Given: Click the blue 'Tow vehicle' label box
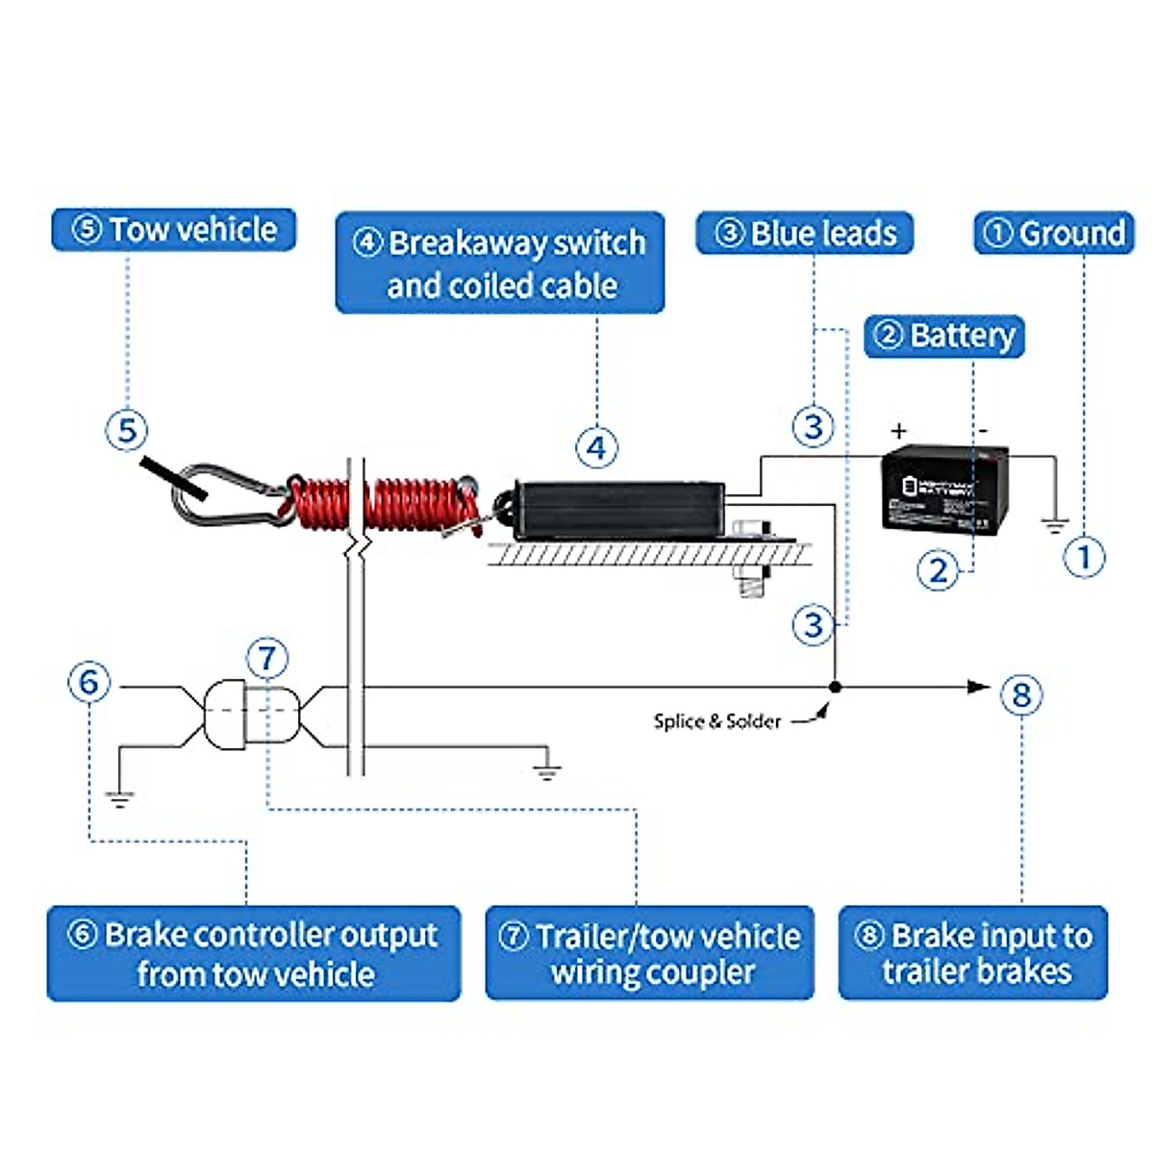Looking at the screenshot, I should click(173, 231).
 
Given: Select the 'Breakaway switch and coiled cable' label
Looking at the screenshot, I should click(500, 263).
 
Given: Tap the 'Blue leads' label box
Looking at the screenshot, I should click(804, 234).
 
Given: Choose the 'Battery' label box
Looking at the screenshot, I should click(944, 337).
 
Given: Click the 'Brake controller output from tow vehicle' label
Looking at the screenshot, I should click(254, 954).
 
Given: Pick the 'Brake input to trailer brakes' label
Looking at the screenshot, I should click(973, 953).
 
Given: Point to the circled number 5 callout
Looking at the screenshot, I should click(127, 430).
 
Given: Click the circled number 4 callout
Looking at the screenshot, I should click(596, 447).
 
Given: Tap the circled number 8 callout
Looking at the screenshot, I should click(1021, 694).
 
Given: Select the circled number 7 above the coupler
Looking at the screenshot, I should click(267, 659).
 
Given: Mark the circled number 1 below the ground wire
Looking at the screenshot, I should click(1084, 557).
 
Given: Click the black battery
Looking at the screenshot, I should click(944, 488).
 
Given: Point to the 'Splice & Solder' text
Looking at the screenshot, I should click(716, 721).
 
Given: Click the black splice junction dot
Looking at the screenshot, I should click(836, 687).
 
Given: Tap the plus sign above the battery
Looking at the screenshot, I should click(898, 431).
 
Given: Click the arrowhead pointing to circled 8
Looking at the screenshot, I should click(978, 687).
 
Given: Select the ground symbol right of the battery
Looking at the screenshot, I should click(1055, 525).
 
